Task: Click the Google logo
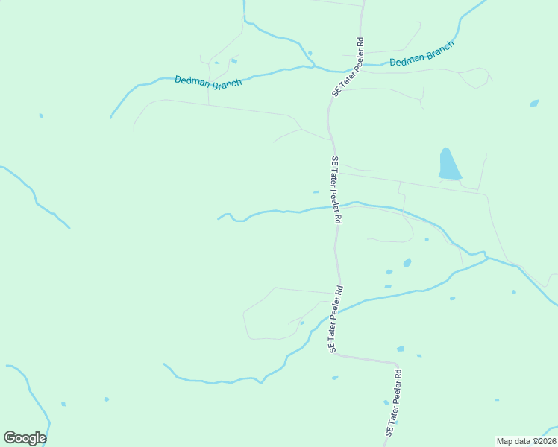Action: click(x=25, y=438)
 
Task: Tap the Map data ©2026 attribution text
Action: click(x=525, y=441)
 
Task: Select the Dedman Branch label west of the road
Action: click(x=208, y=81)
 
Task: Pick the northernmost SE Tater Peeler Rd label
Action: click(x=348, y=66)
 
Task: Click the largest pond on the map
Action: click(x=448, y=165)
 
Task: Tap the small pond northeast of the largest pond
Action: click(x=534, y=104)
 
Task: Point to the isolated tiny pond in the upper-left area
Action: click(x=40, y=115)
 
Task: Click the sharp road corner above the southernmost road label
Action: click(x=395, y=364)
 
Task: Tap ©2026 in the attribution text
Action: click(x=542, y=441)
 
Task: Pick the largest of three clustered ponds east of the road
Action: click(x=407, y=263)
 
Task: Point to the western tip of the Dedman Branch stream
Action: click(x=111, y=118)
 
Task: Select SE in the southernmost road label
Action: click(x=388, y=431)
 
